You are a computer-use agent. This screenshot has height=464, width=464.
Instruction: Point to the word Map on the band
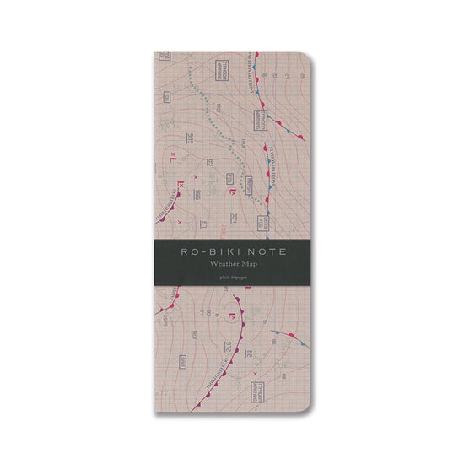click(x=251, y=265)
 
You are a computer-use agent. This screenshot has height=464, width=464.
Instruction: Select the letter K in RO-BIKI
click(x=222, y=251)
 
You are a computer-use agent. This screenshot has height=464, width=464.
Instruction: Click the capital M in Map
click(x=245, y=265)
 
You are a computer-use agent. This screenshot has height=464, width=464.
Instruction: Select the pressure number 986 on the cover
click(x=196, y=193)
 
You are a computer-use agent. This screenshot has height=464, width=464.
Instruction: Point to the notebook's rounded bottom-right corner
click(x=305, y=407)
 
